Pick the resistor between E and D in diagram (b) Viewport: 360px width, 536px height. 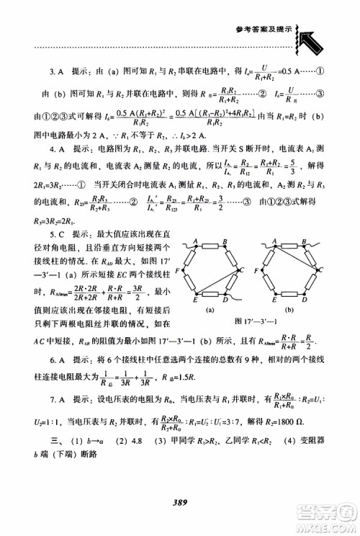[x=289, y=300]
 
